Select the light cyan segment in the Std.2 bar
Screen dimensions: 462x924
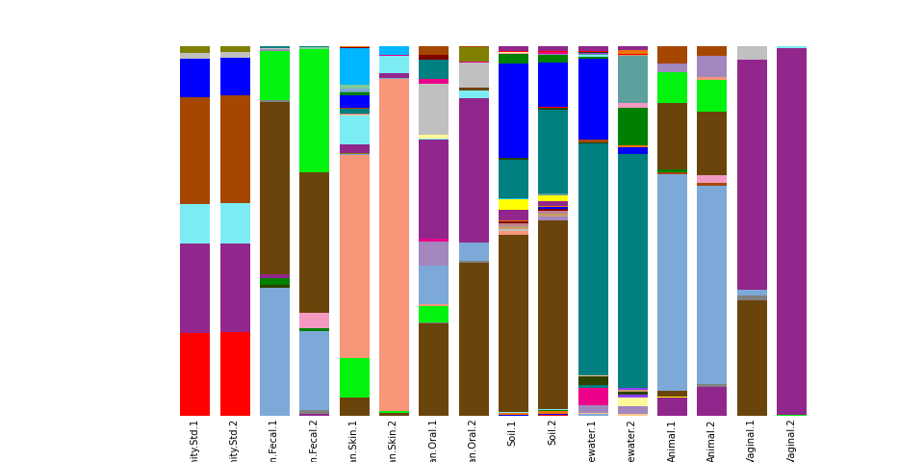pos(235,223)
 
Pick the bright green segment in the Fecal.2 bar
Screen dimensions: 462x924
pos(314,111)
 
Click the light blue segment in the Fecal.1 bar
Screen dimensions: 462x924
pos(274,351)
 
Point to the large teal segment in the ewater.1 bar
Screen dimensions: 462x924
pos(593,259)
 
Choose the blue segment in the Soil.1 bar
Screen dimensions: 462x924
pos(513,111)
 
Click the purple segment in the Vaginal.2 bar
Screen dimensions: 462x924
pos(791,231)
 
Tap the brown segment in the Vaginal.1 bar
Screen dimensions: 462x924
pos(752,357)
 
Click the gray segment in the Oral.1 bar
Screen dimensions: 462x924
pos(433,109)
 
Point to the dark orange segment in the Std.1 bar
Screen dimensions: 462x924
pos(194,150)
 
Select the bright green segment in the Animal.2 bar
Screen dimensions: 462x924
pos(712,95)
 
